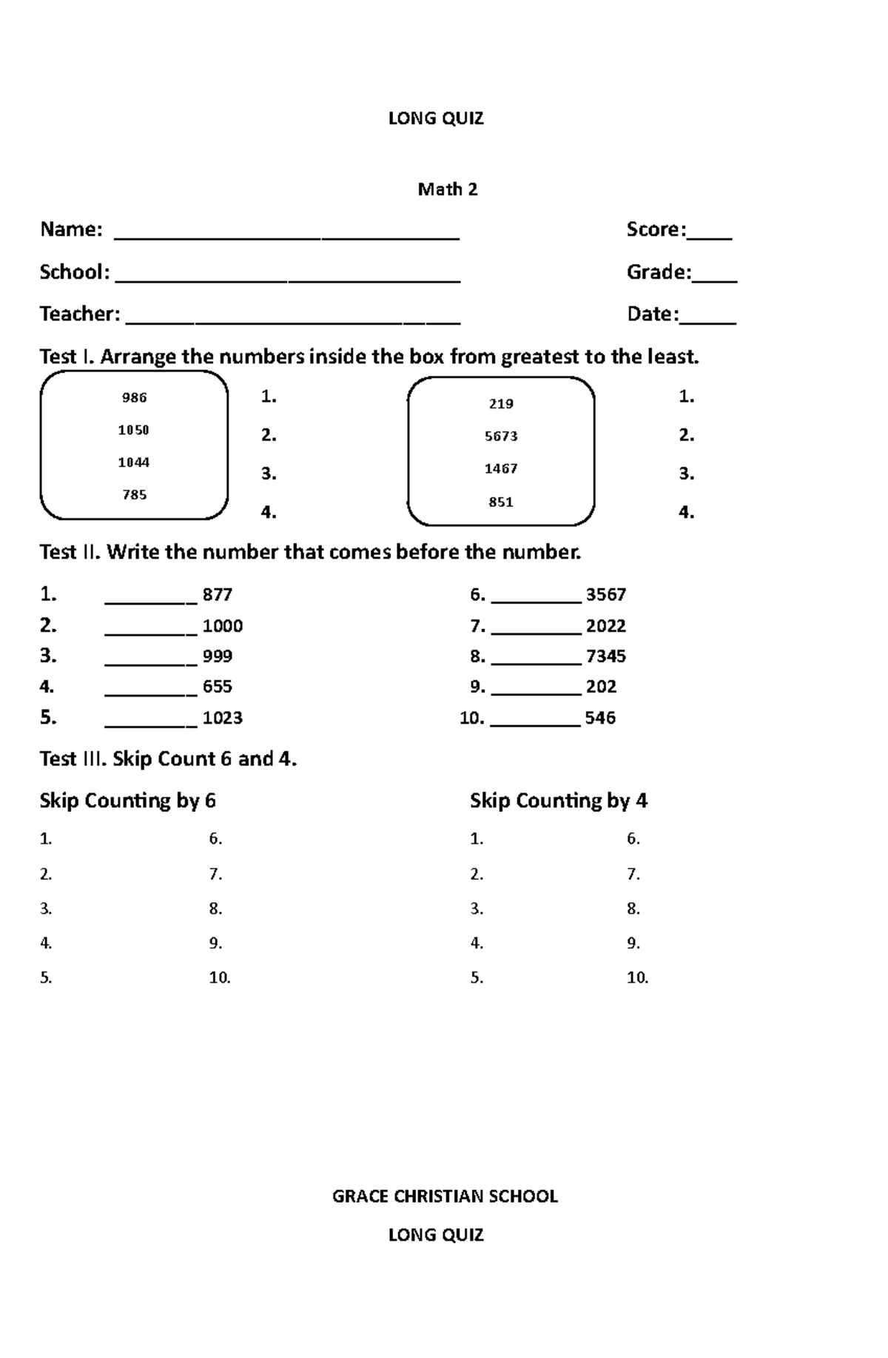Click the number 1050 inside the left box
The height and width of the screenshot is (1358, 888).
coord(134,430)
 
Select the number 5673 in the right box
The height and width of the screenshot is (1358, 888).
coord(501,436)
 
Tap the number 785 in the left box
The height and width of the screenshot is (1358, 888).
coord(135,494)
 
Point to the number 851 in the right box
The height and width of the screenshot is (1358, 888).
coord(501,502)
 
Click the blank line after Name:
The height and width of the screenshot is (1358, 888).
coord(286,235)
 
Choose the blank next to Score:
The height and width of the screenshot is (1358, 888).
coord(710,235)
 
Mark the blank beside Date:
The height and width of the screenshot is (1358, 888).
coord(708,320)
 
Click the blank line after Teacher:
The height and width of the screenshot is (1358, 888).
coord(293,320)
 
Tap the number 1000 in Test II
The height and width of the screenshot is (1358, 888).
coord(223,626)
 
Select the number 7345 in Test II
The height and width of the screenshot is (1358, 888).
coord(606,656)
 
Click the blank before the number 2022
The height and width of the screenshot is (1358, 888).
coord(536,631)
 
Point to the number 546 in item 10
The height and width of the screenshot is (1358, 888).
coord(600,718)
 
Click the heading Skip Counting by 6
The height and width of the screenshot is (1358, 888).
coord(127,801)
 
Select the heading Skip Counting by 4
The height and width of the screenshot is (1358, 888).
coord(559,801)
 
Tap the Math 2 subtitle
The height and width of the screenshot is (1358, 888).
coord(448,189)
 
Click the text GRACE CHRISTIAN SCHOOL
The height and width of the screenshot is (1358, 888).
coord(445,1197)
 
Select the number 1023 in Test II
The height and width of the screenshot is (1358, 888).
coord(223,718)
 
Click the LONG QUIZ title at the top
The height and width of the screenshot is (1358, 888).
coord(436,118)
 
